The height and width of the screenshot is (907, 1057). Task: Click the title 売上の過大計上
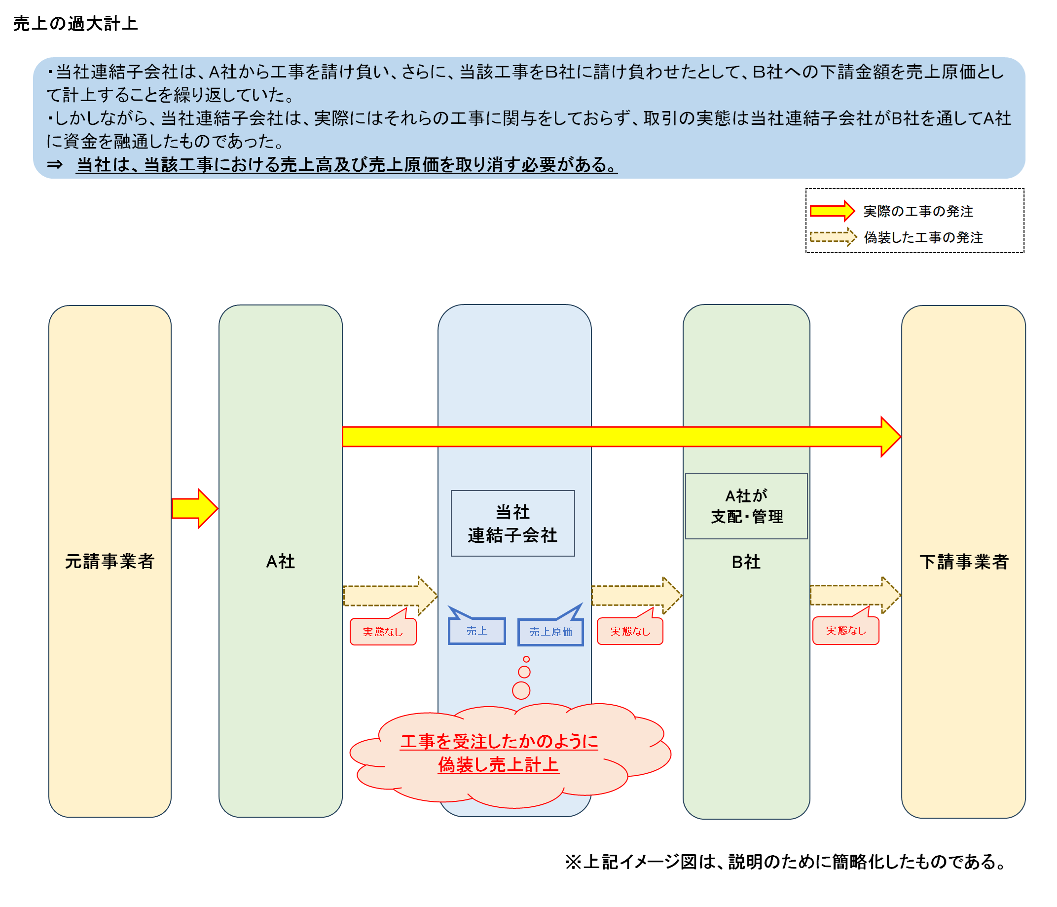(75, 24)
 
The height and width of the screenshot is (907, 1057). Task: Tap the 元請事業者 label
(109, 562)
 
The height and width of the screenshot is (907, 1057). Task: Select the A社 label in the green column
(281, 562)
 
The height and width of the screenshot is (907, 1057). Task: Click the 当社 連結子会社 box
(512, 523)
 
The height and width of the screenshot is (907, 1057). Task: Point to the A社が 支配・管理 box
(746, 506)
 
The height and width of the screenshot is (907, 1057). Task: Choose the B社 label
(746, 562)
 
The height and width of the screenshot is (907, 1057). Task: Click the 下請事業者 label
(964, 562)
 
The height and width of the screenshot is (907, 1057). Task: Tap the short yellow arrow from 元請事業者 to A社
(195, 508)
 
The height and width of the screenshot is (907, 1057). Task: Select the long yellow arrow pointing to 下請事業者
(621, 437)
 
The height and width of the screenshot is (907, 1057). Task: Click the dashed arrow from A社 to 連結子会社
(390, 596)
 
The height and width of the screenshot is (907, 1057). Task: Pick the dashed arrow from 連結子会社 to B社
(637, 595)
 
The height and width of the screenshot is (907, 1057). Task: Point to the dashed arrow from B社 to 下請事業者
(855, 595)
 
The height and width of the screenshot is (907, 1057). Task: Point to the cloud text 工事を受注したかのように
(499, 742)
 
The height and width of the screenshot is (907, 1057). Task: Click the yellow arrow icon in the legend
(833, 211)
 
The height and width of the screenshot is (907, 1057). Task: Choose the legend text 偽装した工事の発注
(923, 237)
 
